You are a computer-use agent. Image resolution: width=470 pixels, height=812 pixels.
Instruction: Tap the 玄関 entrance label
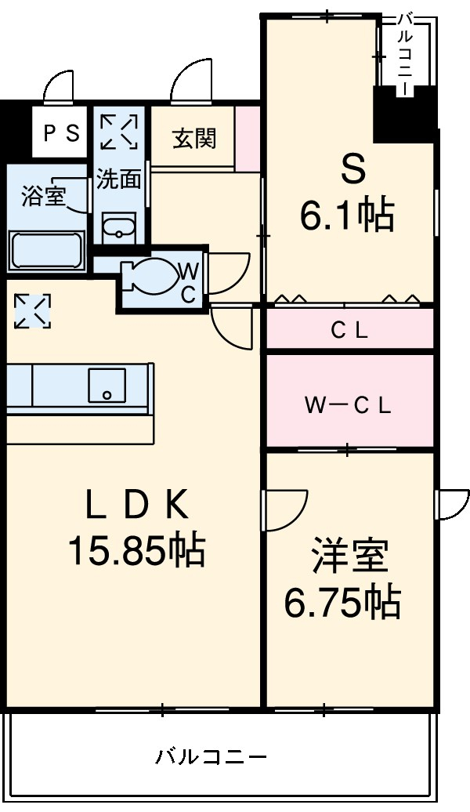pyautogui.click(x=193, y=139)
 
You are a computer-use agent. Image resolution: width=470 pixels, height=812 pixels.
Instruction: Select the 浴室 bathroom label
pyautogui.click(x=44, y=195)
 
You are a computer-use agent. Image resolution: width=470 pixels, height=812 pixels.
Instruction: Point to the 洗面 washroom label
pyautogui.click(x=118, y=179)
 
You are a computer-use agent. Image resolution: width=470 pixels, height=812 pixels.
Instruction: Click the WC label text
pyautogui.click(x=189, y=282)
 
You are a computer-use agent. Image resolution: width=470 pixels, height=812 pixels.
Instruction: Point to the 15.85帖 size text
pyautogui.click(x=137, y=551)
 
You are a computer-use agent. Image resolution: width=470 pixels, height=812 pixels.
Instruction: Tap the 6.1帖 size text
pyautogui.click(x=348, y=214)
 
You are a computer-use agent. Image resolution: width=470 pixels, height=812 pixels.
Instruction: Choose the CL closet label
pyautogui.click(x=349, y=331)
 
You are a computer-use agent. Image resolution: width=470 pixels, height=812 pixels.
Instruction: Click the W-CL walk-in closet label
pyautogui.click(x=348, y=405)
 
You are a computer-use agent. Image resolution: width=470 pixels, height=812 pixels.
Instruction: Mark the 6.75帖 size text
pyautogui.click(x=342, y=603)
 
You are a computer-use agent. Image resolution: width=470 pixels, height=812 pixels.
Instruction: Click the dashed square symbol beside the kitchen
pyautogui.click(x=32, y=311)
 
